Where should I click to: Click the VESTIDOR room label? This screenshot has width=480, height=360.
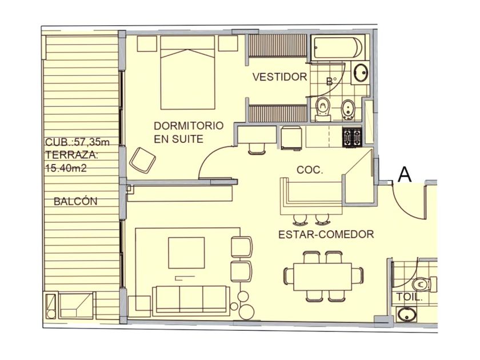coord(279,77)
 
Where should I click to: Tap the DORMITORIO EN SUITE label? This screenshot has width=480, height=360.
coord(189,132)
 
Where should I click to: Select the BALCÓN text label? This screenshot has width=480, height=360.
coord(75,201)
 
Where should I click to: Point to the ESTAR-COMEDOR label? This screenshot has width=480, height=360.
coord(326,234)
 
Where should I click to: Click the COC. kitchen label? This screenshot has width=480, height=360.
coord(310,170)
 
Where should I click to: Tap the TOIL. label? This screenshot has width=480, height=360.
coord(410,297)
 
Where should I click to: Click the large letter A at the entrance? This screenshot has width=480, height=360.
coord(405,175)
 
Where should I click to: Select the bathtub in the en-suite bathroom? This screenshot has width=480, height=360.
coord(338,47)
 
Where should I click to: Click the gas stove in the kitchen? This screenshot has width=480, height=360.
coord(353,137)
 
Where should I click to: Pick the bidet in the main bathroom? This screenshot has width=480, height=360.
coord(347,110)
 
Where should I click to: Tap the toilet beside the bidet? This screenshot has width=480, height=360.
coord(323,109)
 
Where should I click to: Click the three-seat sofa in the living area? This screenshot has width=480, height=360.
coord(191,300)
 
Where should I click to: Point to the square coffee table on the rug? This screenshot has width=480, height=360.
coord(186,253)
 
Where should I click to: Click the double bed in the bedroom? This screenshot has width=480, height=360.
coord(187,73)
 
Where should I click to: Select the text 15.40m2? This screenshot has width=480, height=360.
coord(66,168)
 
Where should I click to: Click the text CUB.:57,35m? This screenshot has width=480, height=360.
coord(77,142)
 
